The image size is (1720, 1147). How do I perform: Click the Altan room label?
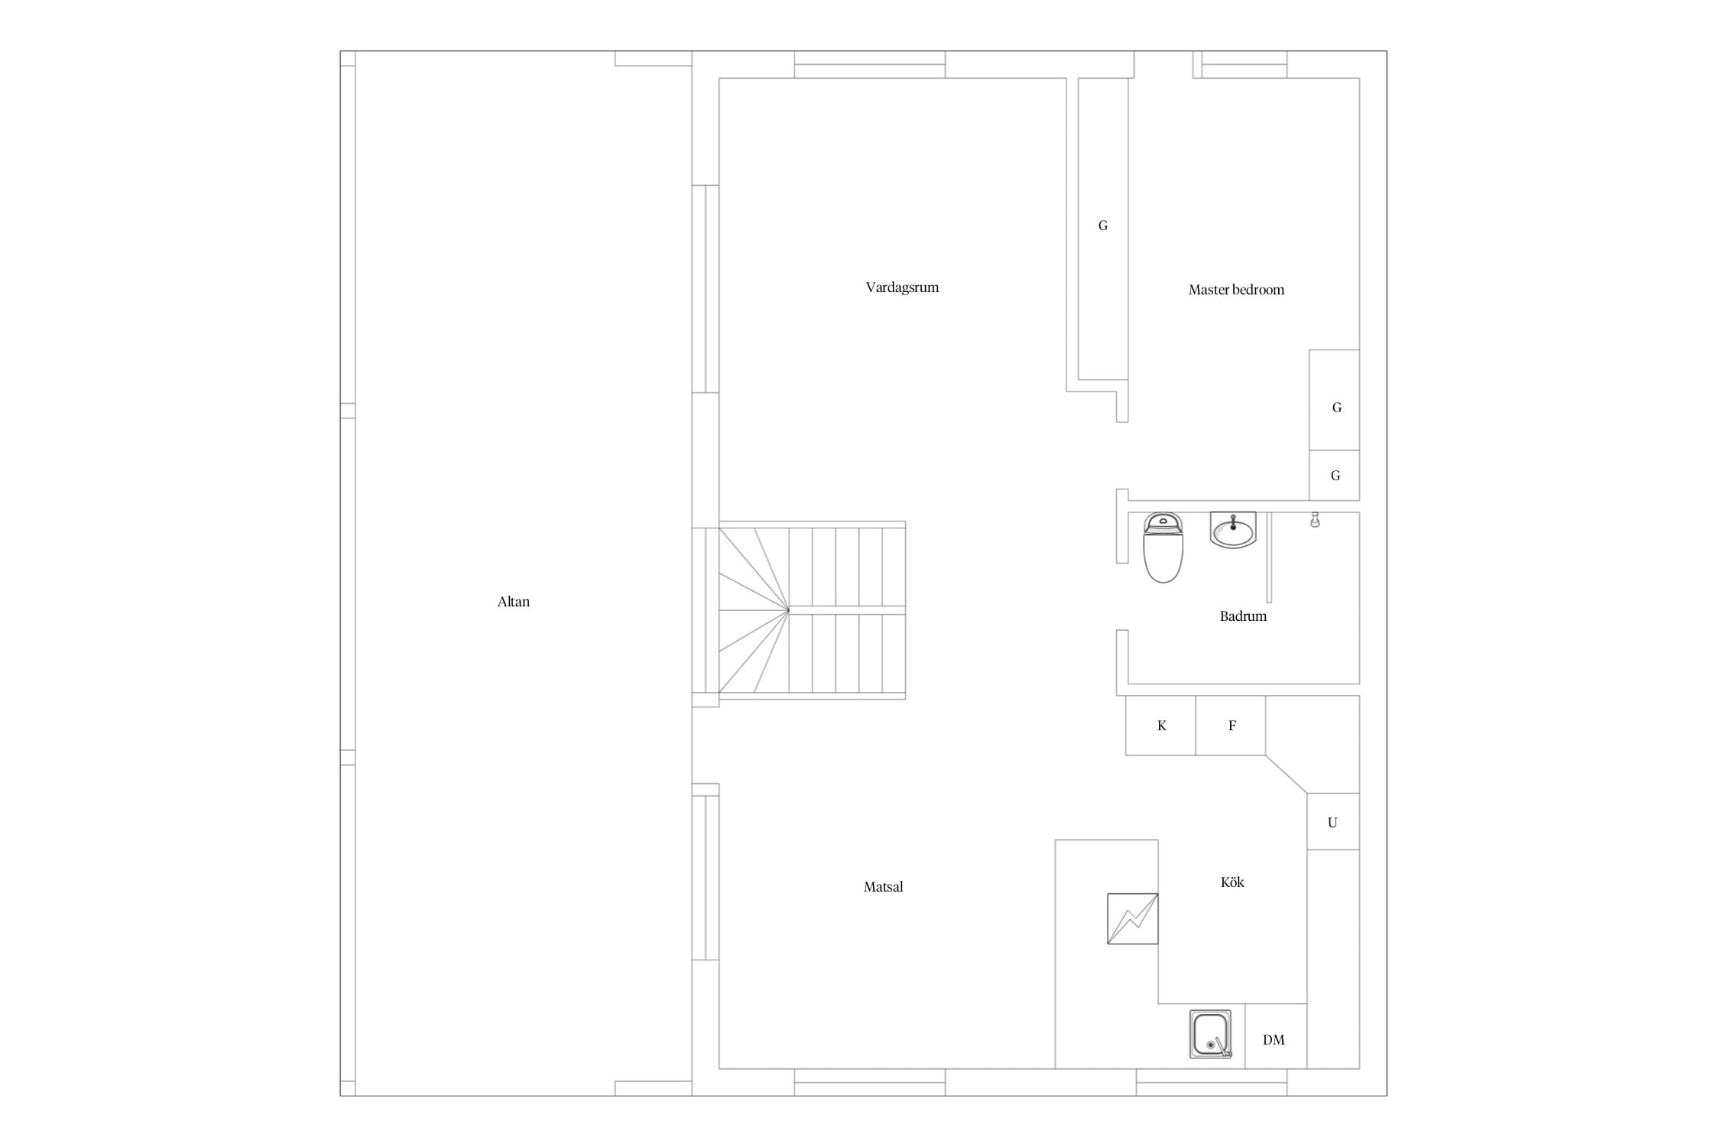tap(513, 602)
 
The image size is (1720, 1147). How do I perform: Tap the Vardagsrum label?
tap(902, 288)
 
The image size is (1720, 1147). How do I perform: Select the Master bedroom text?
tap(1236, 290)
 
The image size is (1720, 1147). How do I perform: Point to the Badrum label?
tap(1243, 616)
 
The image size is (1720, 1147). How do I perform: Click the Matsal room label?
tap(883, 887)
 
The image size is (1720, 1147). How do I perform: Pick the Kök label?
tap(1232, 882)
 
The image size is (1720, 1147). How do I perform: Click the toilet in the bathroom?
tap(1163, 548)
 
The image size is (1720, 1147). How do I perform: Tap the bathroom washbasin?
tap(1233, 530)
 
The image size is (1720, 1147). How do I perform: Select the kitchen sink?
tap(1211, 1034)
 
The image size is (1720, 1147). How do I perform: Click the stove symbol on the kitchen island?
tap(1132, 918)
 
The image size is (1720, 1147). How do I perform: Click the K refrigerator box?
tap(1160, 726)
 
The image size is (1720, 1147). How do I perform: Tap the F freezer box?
tap(1231, 726)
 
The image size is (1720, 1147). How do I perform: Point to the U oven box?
tap(1333, 821)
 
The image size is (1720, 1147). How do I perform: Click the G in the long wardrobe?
tap(1103, 226)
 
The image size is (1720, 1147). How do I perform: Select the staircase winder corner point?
tap(789, 610)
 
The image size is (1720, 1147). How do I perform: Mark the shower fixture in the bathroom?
tap(1315, 520)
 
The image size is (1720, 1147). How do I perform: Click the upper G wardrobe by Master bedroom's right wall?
tap(1335, 400)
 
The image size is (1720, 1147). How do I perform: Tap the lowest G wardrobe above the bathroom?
tap(1335, 476)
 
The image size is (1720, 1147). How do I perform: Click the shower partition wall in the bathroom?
tap(1269, 557)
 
